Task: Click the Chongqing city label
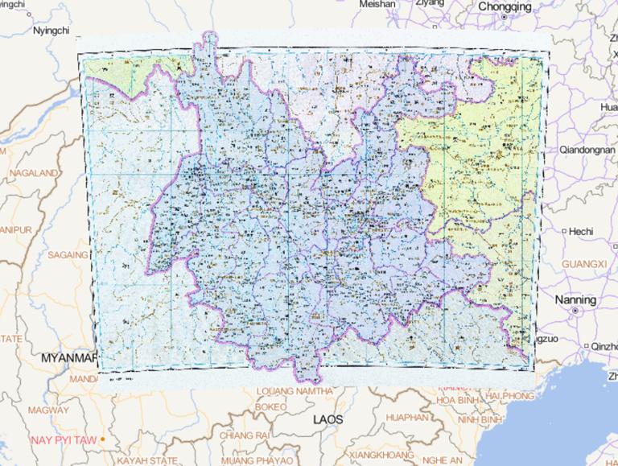(505, 6)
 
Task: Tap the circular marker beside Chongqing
(505, 17)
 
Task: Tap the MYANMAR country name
(68, 356)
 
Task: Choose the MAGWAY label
(47, 410)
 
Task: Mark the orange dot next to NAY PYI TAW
(103, 439)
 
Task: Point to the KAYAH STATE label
(147, 460)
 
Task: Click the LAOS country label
(328, 419)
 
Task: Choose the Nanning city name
(576, 299)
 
